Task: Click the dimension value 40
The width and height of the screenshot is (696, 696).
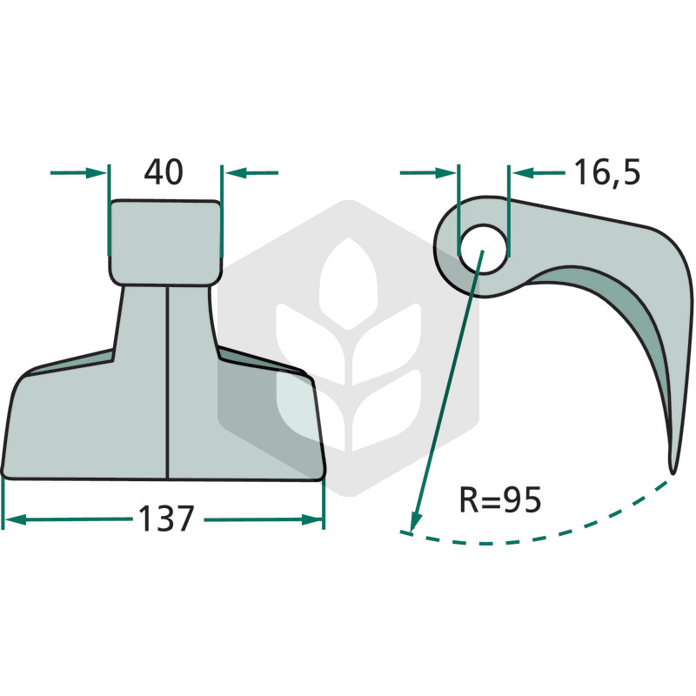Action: click(x=164, y=172)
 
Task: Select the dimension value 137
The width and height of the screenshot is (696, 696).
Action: click(x=166, y=519)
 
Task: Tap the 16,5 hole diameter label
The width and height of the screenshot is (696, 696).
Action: click(x=607, y=172)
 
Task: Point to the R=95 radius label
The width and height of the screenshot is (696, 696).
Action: click(x=499, y=499)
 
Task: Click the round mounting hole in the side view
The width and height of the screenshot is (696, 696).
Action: click(x=483, y=249)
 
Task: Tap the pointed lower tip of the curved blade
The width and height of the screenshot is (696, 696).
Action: click(x=673, y=472)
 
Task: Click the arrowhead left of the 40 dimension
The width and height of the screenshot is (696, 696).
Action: click(x=97, y=172)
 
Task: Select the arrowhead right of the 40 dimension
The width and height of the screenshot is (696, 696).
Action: click(x=234, y=172)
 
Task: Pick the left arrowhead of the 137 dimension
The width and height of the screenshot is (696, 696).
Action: click(x=14, y=519)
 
